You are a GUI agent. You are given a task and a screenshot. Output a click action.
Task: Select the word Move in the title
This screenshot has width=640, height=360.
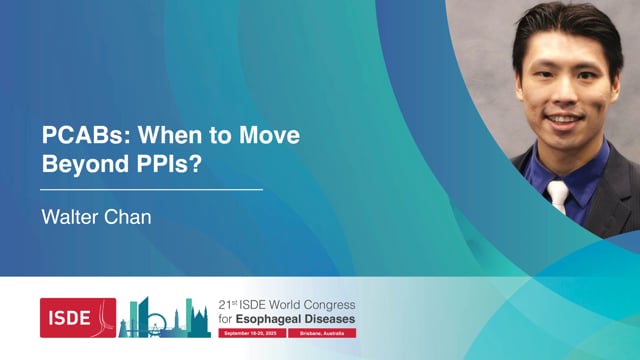(x=268, y=135)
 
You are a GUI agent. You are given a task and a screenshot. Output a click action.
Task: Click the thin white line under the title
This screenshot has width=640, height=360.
(x=151, y=189)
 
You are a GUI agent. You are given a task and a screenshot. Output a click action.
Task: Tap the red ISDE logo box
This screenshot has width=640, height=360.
(x=77, y=317)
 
